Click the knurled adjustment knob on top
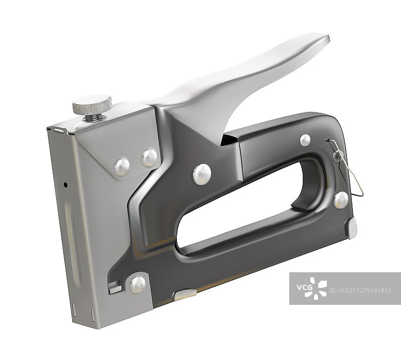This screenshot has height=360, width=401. [92, 104]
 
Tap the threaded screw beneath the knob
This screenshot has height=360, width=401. [95, 117]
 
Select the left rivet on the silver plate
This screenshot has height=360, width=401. [122, 167]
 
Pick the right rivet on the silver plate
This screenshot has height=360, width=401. [149, 157]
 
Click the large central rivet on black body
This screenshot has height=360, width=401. [202, 174]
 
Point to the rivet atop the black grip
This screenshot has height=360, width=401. [305, 140]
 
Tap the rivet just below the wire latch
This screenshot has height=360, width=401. [341, 200]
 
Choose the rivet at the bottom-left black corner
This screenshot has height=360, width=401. [138, 285]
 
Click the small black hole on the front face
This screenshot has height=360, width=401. [66, 185]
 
